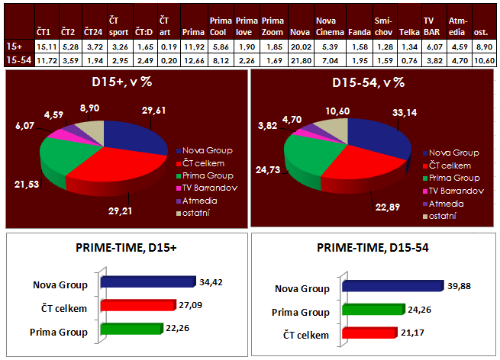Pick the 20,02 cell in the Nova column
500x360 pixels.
click(299, 46)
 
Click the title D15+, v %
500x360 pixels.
click(125, 82)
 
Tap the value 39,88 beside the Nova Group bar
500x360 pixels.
click(456, 286)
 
